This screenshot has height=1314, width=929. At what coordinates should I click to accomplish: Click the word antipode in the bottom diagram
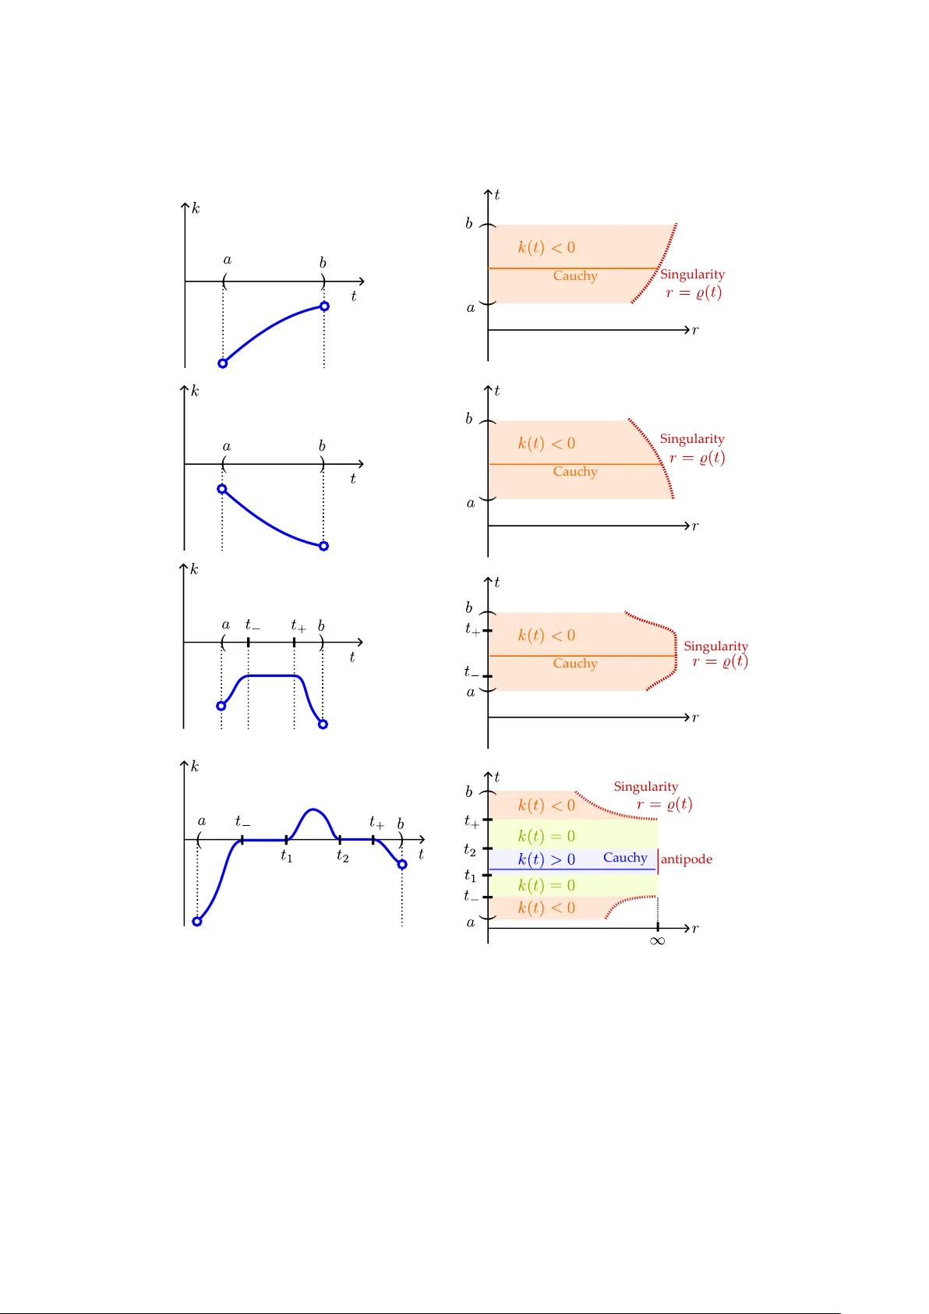(686, 859)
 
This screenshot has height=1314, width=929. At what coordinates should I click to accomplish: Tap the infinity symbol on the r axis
(657, 941)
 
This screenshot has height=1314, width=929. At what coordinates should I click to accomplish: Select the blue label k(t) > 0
(546, 859)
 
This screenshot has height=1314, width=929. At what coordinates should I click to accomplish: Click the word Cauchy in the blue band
(625, 858)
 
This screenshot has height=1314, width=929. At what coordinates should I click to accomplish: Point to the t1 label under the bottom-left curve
(286, 856)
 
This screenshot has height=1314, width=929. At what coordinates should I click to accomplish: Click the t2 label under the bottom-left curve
(342, 856)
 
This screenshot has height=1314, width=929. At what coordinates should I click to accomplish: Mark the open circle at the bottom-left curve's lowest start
(197, 921)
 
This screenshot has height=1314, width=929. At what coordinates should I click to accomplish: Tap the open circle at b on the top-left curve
(324, 306)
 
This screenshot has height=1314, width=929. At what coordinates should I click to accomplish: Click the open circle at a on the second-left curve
(222, 489)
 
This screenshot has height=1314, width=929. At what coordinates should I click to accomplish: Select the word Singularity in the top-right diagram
(692, 274)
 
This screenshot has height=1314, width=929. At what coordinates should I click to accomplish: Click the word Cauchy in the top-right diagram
(575, 276)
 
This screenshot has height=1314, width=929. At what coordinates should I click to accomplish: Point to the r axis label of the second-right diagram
(695, 526)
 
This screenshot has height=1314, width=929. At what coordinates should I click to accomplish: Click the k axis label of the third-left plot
(194, 569)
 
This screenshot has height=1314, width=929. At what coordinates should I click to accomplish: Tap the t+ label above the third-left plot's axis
(298, 625)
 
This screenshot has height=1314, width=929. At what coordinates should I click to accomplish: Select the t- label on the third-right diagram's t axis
(471, 671)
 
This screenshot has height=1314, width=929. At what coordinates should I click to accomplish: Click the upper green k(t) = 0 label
(546, 836)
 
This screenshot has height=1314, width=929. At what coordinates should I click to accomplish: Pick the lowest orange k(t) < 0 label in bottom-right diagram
(546, 908)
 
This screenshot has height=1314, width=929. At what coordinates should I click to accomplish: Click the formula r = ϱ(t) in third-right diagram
(719, 662)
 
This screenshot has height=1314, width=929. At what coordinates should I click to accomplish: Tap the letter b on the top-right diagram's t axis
(469, 224)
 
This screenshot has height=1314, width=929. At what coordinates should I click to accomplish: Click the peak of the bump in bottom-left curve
(313, 810)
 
